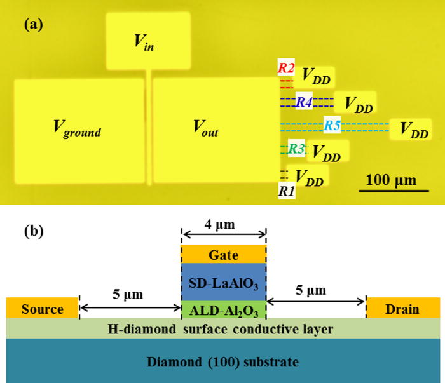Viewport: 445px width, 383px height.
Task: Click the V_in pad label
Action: coord(144,43)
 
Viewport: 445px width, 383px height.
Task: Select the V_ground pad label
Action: coord(77,131)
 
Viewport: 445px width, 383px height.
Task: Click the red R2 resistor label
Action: coord(285,67)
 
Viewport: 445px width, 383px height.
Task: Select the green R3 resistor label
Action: coord(296,149)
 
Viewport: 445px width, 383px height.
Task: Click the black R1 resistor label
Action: coord(285,189)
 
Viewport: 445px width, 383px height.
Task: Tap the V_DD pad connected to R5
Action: coord(414,130)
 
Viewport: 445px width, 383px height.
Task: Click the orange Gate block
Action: coord(224,254)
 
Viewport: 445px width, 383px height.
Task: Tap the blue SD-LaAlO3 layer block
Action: coord(224,282)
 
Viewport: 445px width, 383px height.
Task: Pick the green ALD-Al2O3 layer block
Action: coord(224,310)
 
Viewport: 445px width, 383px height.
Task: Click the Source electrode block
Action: coord(42,309)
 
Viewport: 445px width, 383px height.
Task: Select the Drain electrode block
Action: coord(402,309)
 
